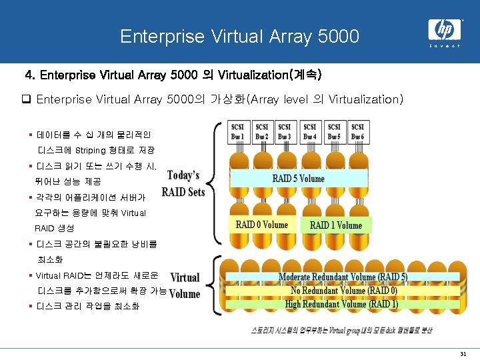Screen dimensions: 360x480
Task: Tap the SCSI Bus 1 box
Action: point(237,132)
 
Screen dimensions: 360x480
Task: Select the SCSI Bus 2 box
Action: point(262,132)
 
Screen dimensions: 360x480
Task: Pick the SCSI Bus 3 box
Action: point(285,132)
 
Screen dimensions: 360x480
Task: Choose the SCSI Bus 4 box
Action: point(310,132)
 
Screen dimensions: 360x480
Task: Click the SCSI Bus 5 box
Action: point(334,132)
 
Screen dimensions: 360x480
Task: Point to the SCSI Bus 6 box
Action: point(358,132)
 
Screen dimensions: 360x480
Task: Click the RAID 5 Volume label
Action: point(298,178)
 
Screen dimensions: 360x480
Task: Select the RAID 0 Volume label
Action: point(262,225)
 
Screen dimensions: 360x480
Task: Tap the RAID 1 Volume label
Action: point(335,225)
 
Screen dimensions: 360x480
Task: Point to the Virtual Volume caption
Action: point(185,285)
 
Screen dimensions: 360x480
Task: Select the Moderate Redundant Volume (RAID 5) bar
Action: point(343,277)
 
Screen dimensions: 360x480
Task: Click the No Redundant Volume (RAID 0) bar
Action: point(343,291)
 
